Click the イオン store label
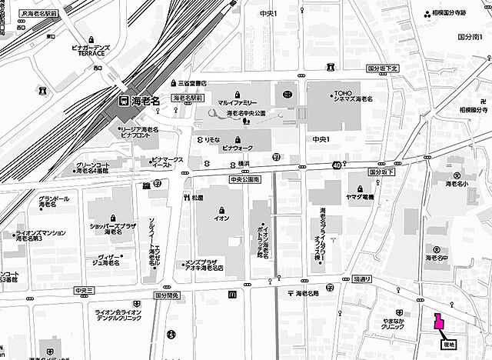click(221, 217)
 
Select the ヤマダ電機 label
click(360, 197)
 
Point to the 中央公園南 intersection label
click(244, 178)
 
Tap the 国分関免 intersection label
click(166, 295)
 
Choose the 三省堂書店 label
click(194, 82)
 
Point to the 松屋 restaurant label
click(198, 198)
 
